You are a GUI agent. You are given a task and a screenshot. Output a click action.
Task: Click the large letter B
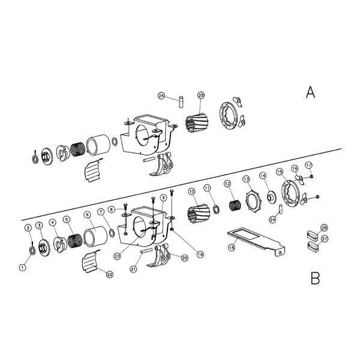314,278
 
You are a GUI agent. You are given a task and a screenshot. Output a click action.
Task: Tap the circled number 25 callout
201,95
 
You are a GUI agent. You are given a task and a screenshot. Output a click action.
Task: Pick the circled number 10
192,192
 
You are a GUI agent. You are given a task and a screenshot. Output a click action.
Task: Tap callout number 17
308,165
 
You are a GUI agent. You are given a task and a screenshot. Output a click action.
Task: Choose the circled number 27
324,238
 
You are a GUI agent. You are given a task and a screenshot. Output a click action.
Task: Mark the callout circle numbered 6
87,214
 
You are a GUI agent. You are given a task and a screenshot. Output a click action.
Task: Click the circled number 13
246,179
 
